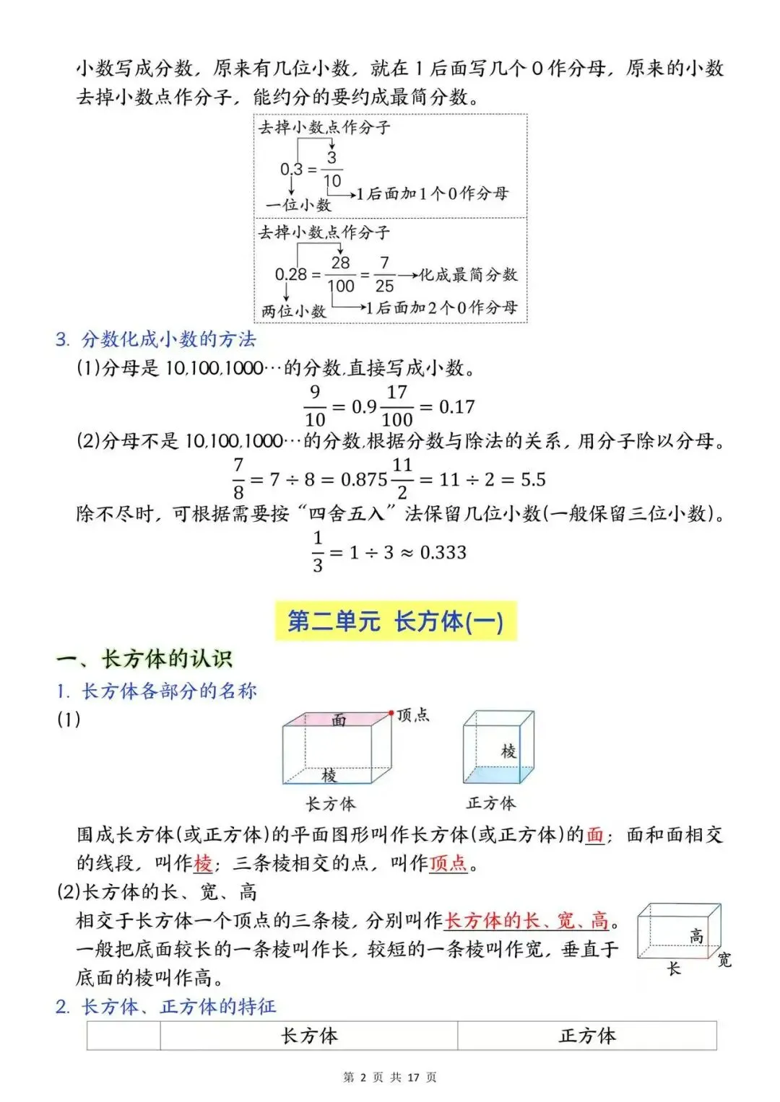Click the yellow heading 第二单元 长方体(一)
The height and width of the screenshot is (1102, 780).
point(396,621)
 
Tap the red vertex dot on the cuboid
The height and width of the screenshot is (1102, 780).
point(391,714)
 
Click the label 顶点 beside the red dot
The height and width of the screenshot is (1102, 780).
point(413,714)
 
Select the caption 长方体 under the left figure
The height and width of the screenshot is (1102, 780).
point(331,804)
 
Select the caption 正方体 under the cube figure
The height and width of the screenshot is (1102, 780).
point(491,803)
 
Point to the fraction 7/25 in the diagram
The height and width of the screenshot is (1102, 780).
point(384,274)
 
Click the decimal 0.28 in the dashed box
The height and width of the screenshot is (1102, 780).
point(291,274)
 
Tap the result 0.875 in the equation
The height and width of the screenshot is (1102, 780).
point(364,480)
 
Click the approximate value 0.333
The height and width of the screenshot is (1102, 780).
point(443,553)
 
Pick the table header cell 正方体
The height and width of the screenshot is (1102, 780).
point(587,1036)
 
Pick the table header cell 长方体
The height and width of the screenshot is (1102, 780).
point(309,1036)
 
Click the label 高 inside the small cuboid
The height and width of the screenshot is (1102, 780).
point(696,936)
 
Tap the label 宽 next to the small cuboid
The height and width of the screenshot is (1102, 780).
point(724,960)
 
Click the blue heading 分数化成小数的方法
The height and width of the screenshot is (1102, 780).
point(169,339)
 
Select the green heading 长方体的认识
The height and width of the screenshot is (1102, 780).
point(167,658)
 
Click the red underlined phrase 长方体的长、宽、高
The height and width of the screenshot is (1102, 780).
point(526,921)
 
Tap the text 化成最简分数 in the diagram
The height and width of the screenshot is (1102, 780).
point(468,274)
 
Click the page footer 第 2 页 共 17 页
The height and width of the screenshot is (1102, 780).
point(390,1077)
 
